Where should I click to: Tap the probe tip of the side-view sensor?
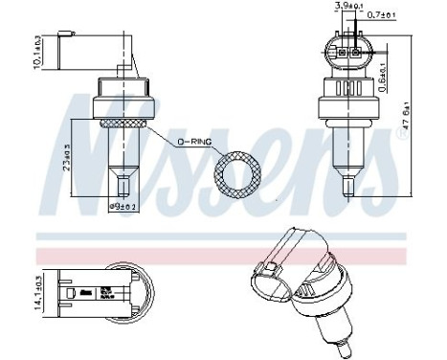coord(122,179)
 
